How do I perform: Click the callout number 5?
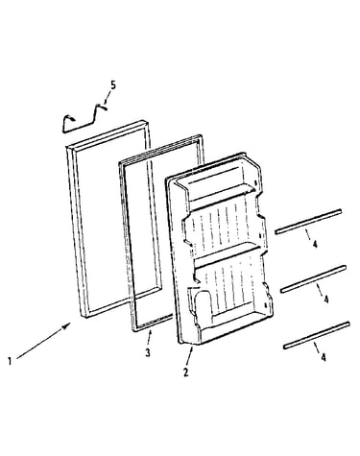(113, 85)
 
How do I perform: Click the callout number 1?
(10, 362)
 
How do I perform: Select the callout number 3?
(148, 352)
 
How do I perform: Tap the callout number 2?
(186, 372)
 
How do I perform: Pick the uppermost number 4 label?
(315, 245)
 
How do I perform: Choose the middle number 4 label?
(326, 300)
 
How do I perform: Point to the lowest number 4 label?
(324, 357)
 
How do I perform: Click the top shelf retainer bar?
(308, 222)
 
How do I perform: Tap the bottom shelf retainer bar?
(316, 335)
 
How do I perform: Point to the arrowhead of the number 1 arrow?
(67, 325)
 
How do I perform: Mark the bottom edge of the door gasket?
(153, 324)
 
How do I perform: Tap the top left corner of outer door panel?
(66, 147)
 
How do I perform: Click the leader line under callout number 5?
(107, 98)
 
